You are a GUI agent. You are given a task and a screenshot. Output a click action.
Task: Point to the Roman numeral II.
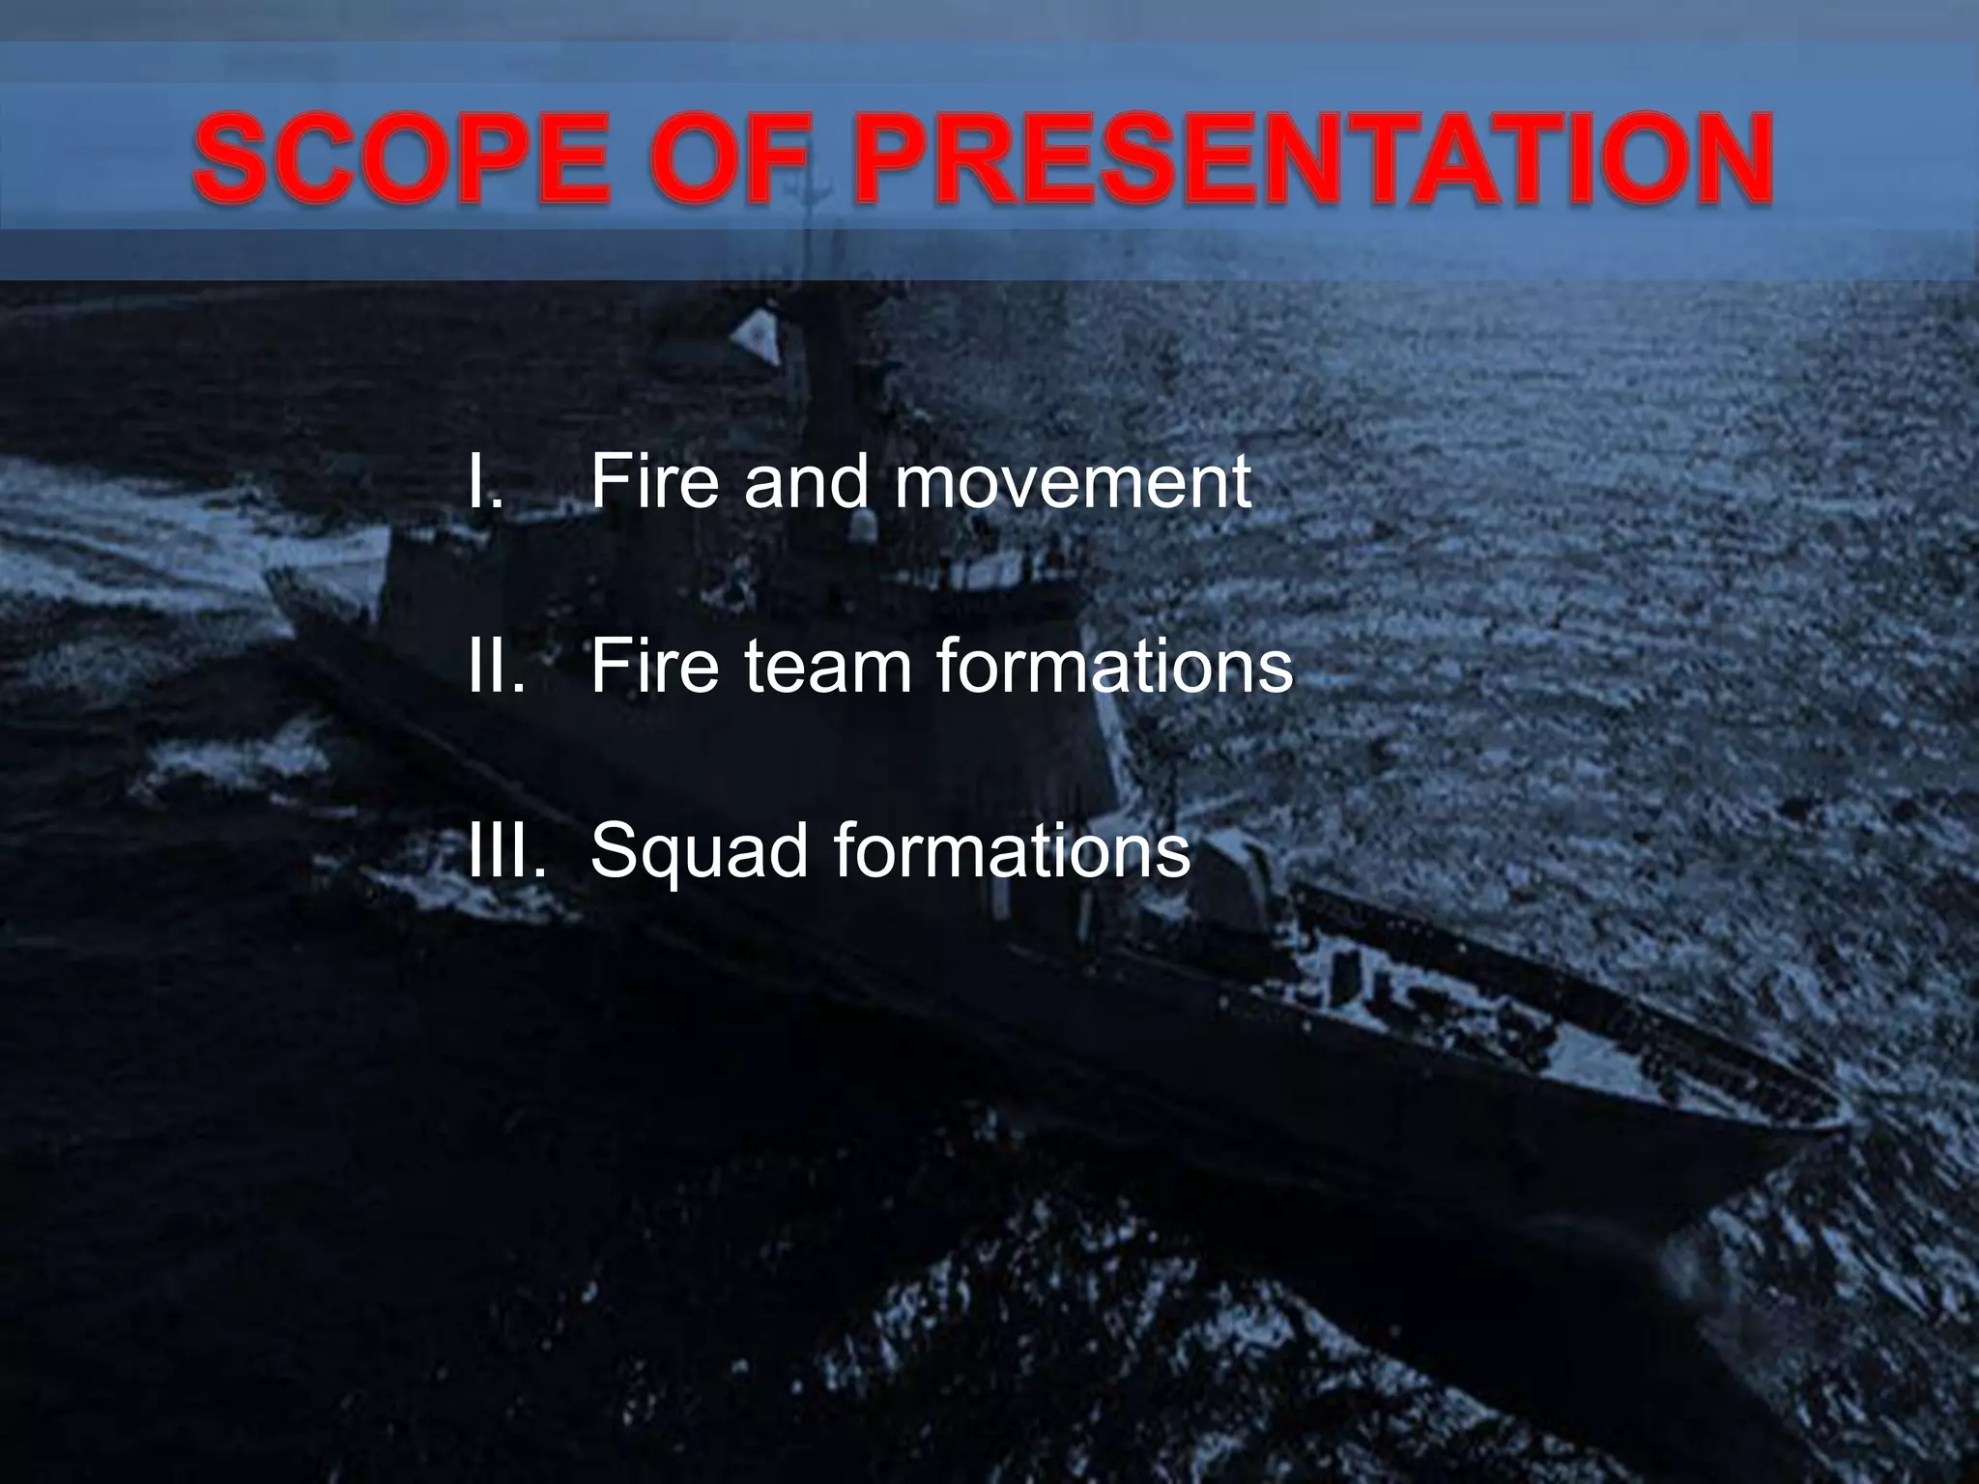pyautogui.click(x=496, y=666)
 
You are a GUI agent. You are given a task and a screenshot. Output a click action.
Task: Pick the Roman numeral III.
pyautogui.click(x=506, y=850)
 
